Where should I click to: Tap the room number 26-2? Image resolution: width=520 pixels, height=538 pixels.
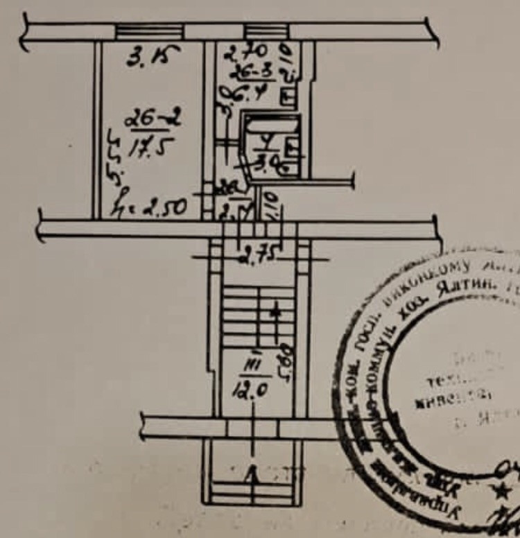click(153, 119)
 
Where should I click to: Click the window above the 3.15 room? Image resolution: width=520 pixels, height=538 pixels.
click(149, 31)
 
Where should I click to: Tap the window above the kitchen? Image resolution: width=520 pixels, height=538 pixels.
click(266, 31)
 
